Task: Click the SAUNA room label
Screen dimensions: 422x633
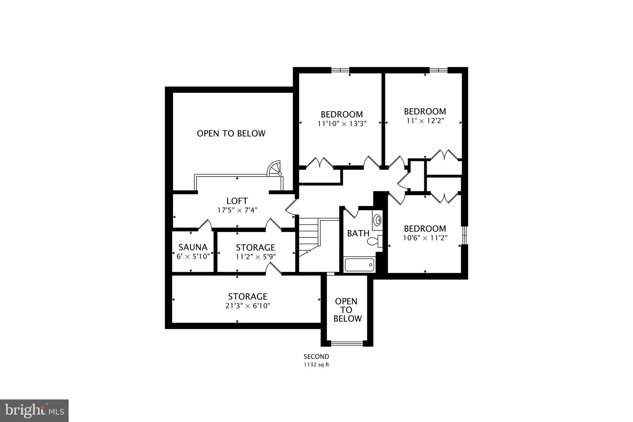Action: point(193,247)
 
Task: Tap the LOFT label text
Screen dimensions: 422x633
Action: point(237,201)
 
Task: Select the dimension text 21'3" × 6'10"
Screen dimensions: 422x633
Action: point(248,306)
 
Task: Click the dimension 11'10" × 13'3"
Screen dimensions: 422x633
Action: point(342,124)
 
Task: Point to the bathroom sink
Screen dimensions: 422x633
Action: point(377,220)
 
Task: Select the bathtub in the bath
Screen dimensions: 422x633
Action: point(359,265)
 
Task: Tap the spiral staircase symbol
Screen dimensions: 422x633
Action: point(275,168)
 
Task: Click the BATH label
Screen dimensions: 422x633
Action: point(358,233)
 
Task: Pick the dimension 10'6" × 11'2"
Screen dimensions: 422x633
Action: point(425,238)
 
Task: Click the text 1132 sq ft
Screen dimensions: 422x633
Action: point(316,365)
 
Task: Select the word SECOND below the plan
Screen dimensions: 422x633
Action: point(316,357)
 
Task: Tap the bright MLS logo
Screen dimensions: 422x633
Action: point(34,411)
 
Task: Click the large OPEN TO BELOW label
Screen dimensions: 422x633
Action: point(231,134)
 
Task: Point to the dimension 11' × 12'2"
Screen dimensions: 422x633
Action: point(425,121)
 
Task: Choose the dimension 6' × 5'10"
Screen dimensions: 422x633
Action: point(193,256)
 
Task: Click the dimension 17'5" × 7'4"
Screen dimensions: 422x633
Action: point(237,210)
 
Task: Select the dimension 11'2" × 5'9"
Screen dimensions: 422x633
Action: point(256,256)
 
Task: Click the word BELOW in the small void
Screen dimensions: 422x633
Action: point(348,319)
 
